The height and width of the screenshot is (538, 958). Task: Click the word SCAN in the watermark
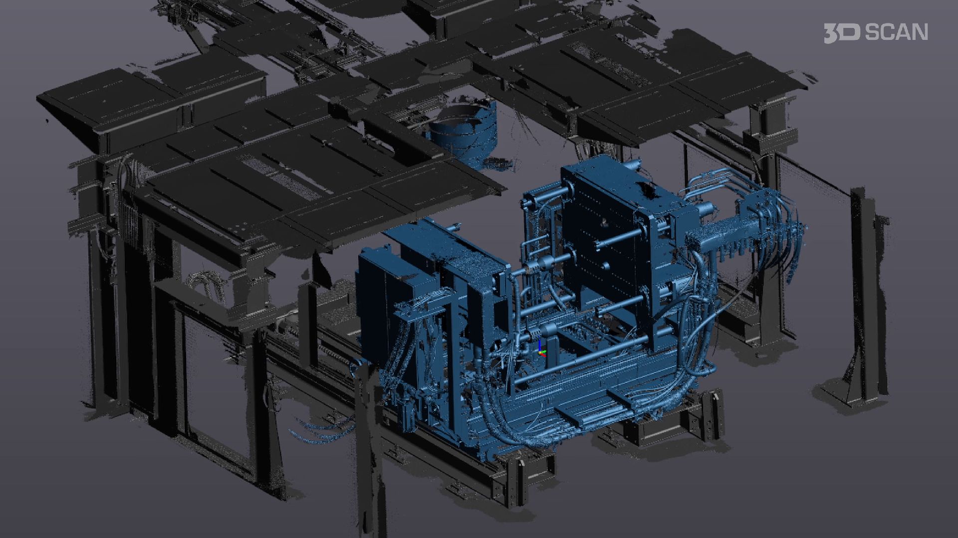coord(896,32)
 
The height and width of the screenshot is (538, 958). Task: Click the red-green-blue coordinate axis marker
coord(541,350)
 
